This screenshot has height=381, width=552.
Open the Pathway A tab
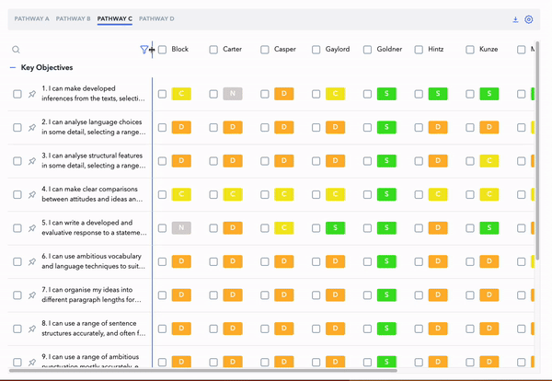pyautogui.click(x=31, y=18)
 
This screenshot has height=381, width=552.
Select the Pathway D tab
pyautogui.click(x=158, y=18)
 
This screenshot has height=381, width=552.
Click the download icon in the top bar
pyautogui.click(x=516, y=19)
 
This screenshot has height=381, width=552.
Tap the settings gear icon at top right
pyautogui.click(x=529, y=19)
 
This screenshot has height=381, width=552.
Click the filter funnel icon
pyautogui.click(x=144, y=50)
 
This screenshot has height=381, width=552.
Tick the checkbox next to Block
pyautogui.click(x=163, y=50)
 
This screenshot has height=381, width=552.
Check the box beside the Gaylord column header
pyautogui.click(x=316, y=50)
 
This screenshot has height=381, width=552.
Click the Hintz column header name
pyautogui.click(x=437, y=50)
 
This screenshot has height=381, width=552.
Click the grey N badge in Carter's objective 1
pyautogui.click(x=233, y=94)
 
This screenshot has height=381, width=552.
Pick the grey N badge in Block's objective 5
pyautogui.click(x=181, y=228)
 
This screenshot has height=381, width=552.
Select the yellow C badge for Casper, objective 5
pyautogui.click(x=284, y=228)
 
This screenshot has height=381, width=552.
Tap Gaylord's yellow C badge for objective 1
pyautogui.click(x=336, y=94)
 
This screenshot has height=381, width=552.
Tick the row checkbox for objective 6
pyautogui.click(x=17, y=261)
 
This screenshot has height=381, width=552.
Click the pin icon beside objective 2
pyautogui.click(x=32, y=127)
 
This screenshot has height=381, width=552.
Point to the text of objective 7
pyautogui.click(x=92, y=294)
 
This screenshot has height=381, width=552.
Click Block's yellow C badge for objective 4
pyautogui.click(x=181, y=194)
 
